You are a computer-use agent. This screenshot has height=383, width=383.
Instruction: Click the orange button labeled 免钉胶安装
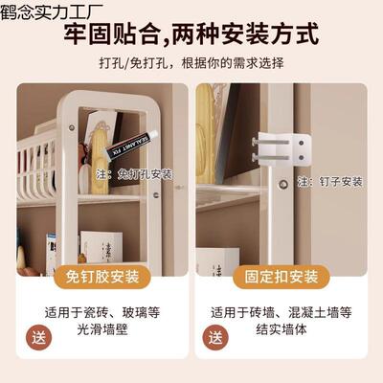(102, 277)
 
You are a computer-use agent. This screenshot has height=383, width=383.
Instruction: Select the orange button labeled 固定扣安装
(280, 277)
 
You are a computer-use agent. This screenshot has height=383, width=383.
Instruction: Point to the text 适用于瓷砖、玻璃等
(104, 312)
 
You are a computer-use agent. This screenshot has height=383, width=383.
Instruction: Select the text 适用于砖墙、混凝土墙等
(280, 312)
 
